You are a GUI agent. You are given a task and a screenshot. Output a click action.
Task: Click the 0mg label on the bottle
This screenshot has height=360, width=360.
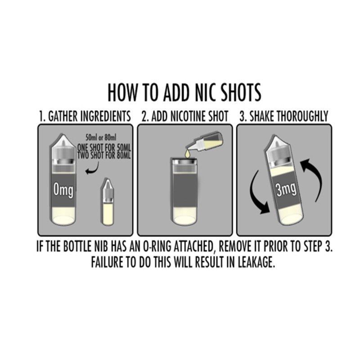[63, 190]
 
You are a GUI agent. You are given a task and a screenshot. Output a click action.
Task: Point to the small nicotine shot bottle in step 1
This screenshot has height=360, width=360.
[107, 202]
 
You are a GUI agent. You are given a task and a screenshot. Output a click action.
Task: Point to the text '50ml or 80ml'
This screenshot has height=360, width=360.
[101, 138]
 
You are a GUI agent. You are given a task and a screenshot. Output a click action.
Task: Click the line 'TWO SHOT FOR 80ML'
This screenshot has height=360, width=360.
[104, 155]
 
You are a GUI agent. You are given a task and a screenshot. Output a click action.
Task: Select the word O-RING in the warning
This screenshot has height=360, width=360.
[157, 247]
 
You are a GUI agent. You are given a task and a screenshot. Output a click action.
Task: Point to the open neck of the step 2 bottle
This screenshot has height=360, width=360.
[185, 159]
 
